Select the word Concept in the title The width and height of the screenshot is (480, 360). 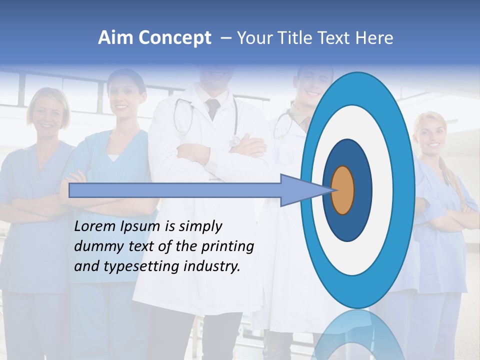coord(174,38)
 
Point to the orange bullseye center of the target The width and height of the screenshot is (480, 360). coord(342,190)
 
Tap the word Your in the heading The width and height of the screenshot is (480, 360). coord(254,38)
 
